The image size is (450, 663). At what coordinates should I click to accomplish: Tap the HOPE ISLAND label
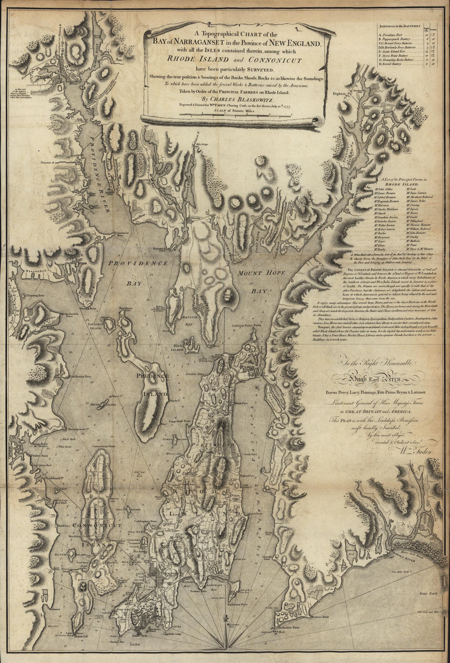pos(99,405)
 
